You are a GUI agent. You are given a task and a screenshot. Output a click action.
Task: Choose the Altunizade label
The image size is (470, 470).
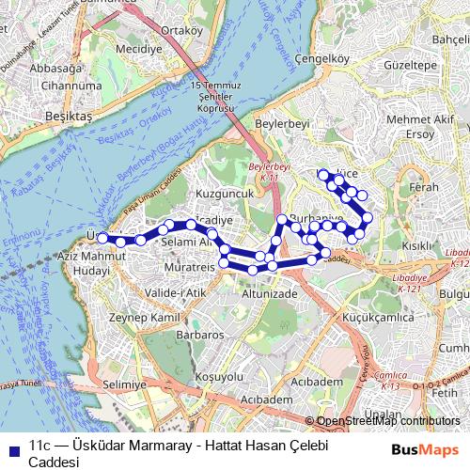(x=269, y=293)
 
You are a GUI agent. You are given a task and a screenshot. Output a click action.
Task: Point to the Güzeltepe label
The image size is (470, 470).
(x=414, y=69)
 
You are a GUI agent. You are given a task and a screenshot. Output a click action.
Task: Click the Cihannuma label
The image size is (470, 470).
(x=65, y=86)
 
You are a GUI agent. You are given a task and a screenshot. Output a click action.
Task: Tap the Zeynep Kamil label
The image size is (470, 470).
(x=143, y=320)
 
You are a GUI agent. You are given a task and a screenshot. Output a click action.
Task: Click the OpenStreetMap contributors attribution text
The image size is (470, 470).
(x=387, y=422)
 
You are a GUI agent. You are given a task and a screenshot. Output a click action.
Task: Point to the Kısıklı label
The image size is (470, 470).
(x=416, y=245)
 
